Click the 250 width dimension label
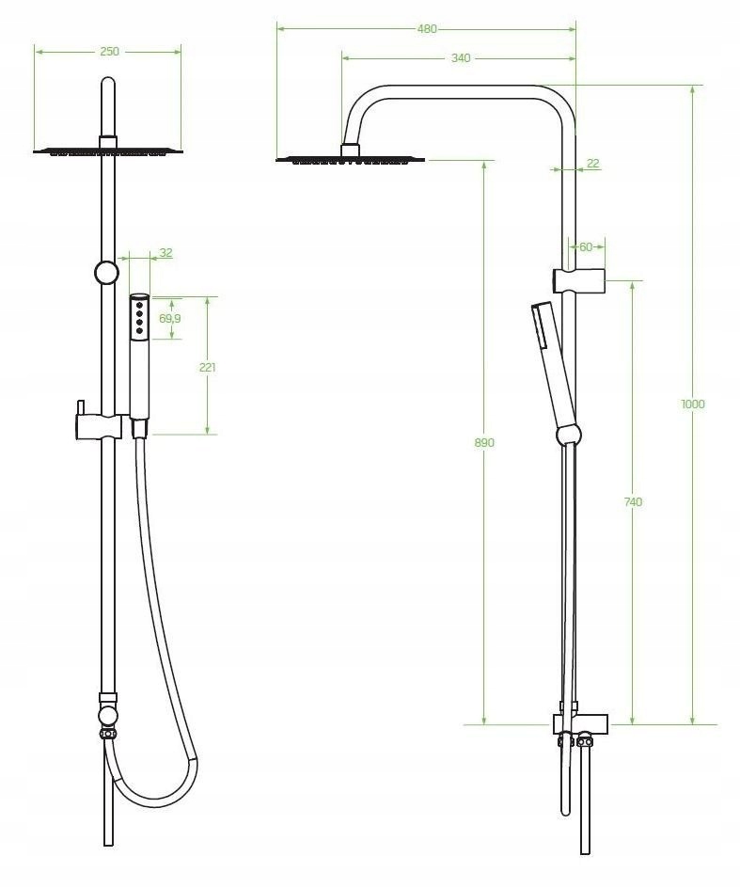[109, 52]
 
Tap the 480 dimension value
[427, 29]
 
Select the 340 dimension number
[461, 57]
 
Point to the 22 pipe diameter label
[592, 164]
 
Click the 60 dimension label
[586, 246]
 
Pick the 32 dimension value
[165, 253]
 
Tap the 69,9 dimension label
[170, 318]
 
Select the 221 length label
[207, 367]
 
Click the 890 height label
[484, 442]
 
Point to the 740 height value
[633, 501]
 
